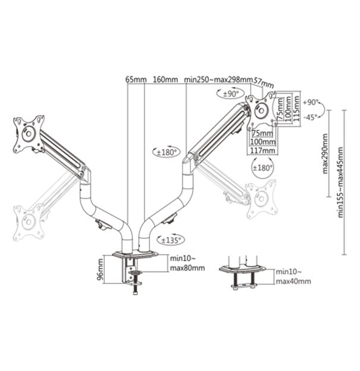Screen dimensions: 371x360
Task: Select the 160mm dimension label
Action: click(x=165, y=79)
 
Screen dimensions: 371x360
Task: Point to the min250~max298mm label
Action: click(x=218, y=79)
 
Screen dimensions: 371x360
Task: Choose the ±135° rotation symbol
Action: click(x=170, y=239)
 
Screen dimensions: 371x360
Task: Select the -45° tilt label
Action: click(x=311, y=117)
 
